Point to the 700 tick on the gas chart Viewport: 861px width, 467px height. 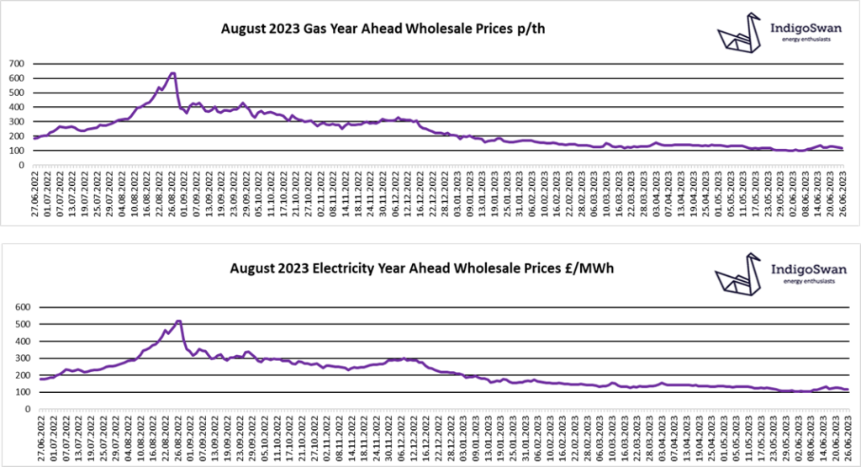(17, 63)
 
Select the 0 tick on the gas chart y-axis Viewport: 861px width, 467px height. (24, 165)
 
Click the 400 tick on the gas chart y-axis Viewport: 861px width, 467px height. (17, 107)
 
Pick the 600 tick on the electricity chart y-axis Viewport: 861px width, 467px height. (17, 307)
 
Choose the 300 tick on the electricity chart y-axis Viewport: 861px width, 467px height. (17, 358)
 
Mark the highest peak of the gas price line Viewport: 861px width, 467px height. (172, 73)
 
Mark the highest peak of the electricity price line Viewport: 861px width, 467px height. (178, 321)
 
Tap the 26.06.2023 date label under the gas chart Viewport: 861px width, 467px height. (843, 194)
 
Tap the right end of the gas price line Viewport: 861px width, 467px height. (843, 149)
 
